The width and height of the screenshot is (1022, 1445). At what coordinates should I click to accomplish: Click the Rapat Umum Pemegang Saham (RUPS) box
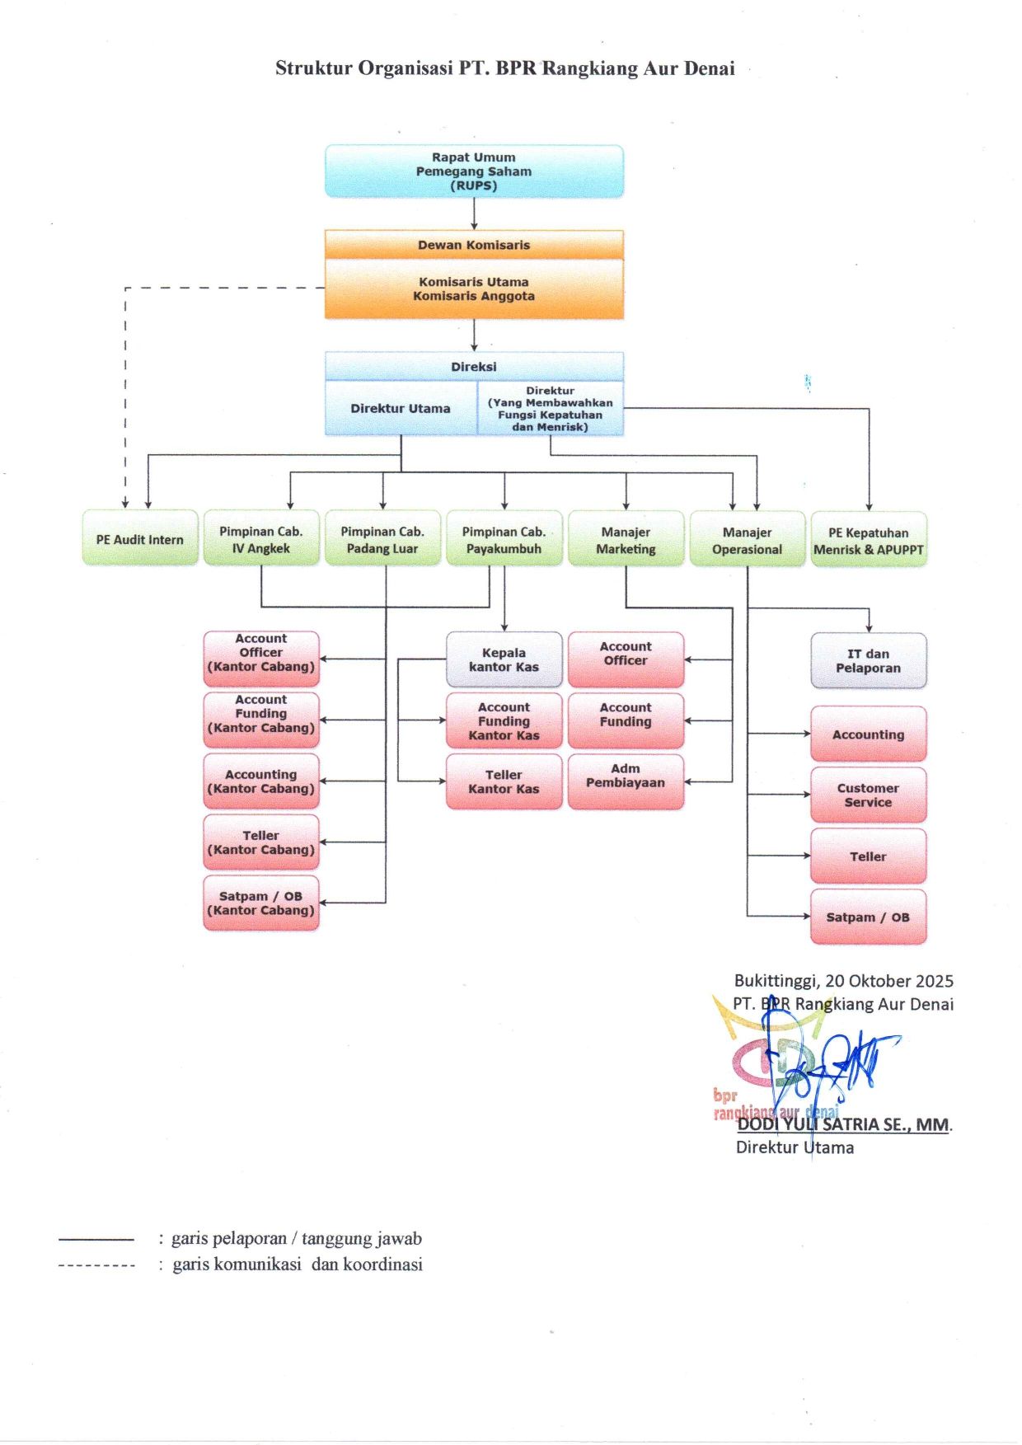(x=474, y=171)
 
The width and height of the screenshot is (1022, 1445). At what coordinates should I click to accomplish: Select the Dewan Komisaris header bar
(x=474, y=245)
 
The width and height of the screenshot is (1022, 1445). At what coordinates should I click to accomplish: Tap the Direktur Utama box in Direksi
(x=401, y=408)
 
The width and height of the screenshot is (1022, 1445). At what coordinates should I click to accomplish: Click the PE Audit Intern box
(x=140, y=538)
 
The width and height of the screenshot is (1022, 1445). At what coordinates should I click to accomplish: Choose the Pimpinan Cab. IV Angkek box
(x=261, y=539)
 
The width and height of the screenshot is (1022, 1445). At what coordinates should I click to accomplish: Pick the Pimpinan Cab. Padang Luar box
(x=382, y=539)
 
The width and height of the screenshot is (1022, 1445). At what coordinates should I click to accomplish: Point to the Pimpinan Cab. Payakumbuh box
(x=504, y=539)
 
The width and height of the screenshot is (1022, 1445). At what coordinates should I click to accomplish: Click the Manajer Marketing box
(x=626, y=539)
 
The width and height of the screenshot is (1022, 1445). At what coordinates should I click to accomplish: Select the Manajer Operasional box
(x=748, y=540)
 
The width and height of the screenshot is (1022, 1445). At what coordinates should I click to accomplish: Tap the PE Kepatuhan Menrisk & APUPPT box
(x=869, y=540)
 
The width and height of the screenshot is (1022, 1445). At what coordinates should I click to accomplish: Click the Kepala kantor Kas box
(x=504, y=659)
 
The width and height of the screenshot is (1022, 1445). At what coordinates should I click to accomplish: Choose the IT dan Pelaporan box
(x=869, y=660)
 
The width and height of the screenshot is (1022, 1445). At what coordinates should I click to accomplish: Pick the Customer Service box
(x=869, y=795)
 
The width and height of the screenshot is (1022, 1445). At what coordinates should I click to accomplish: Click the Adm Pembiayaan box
(x=626, y=781)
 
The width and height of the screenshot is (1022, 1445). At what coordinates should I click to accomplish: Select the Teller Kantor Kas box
(x=504, y=781)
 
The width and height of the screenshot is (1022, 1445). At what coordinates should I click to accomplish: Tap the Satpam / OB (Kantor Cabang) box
(x=261, y=903)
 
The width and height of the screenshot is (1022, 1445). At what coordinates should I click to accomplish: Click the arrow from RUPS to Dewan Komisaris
(x=474, y=214)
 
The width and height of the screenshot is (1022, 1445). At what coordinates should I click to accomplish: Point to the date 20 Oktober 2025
(x=889, y=981)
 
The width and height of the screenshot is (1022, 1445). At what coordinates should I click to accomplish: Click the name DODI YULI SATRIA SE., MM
(x=844, y=1124)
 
